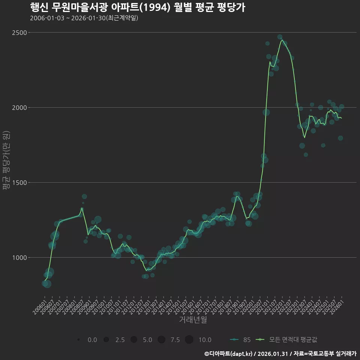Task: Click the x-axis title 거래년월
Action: click(193, 319)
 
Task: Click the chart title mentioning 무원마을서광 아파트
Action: click(137, 7)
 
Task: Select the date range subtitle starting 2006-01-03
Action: click(84, 18)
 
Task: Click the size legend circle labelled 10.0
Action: click(189, 340)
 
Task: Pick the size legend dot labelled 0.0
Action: click(79, 340)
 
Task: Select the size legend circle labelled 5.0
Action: click(134, 340)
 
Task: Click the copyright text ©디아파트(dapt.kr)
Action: click(229, 354)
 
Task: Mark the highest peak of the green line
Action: click(281, 40)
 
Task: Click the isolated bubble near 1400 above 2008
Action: click(84, 196)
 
